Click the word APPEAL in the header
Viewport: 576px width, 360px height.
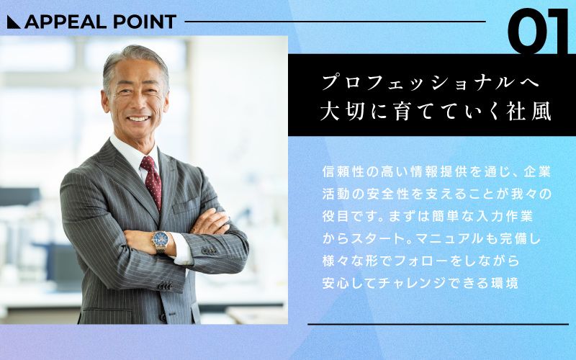click(62, 22)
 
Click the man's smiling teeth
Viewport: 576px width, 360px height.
click(139, 118)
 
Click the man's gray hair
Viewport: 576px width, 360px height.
click(133, 60)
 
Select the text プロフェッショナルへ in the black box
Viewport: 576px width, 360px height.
click(429, 81)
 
